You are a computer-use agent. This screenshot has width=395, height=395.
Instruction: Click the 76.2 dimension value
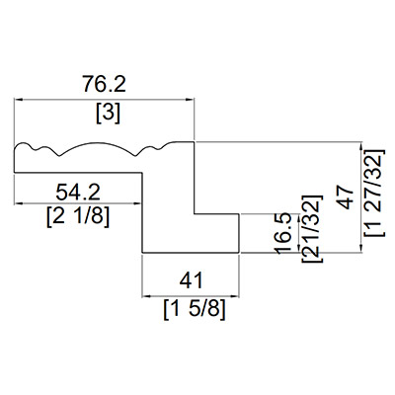[104, 84]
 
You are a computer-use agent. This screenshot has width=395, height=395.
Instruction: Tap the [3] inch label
[109, 114]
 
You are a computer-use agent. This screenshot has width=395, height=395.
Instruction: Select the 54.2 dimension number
[78, 193]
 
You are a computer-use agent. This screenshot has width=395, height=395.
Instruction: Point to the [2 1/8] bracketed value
[78, 216]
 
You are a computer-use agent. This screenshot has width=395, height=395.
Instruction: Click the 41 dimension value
[192, 280]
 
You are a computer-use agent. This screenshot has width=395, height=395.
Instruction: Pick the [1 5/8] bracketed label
[195, 309]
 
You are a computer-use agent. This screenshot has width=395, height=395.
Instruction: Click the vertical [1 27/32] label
[374, 193]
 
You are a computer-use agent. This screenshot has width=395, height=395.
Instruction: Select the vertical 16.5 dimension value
[283, 233]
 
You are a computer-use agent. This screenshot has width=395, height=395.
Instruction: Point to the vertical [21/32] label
[311, 229]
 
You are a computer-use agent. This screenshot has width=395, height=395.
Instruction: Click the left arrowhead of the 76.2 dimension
[18, 99]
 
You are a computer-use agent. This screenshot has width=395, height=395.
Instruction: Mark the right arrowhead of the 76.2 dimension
[191, 99]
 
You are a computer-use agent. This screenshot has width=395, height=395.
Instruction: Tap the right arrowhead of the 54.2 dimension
[138, 203]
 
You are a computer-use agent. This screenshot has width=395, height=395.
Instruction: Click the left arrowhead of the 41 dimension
[146, 296]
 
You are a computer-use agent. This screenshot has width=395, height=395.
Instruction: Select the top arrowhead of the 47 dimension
[361, 146]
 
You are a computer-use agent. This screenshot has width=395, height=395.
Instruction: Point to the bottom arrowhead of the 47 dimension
[361, 249]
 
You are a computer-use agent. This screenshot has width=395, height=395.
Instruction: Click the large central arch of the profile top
[98, 143]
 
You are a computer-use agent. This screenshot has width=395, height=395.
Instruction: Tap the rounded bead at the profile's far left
[23, 145]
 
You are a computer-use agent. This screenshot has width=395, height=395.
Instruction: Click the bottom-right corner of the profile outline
[239, 253]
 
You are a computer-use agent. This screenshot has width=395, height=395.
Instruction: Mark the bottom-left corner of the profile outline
[142, 253]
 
